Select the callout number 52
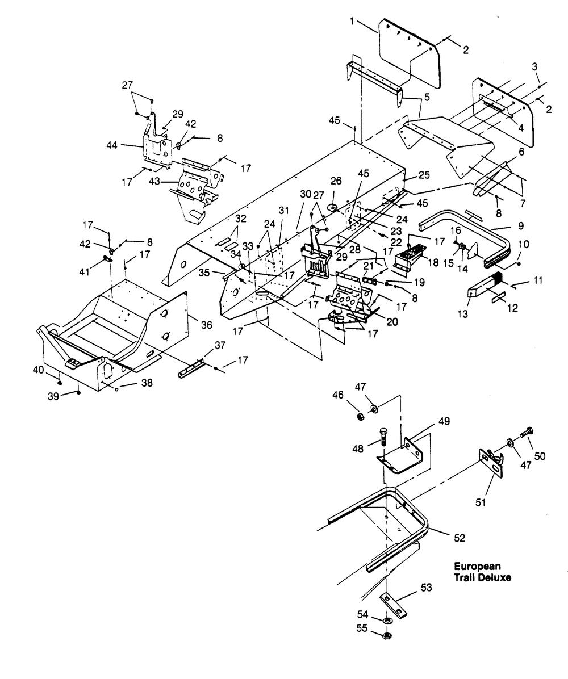[x=460, y=538]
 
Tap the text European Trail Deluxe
[x=482, y=572]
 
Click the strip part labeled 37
[x=190, y=367]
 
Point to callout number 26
[x=336, y=181]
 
